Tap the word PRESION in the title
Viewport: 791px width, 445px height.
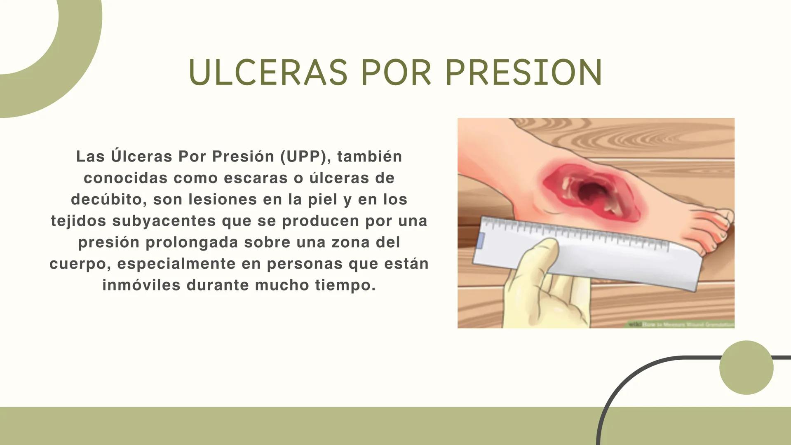(524, 73)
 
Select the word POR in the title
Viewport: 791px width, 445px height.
(396, 73)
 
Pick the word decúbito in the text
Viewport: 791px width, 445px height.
(106, 199)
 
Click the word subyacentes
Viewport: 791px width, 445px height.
(164, 221)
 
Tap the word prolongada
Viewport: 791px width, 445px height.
(191, 242)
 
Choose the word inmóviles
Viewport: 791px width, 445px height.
(141, 285)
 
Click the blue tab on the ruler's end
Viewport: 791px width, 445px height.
(480, 241)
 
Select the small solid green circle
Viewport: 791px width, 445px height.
(746, 368)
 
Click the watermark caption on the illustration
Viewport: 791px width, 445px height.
(680, 325)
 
